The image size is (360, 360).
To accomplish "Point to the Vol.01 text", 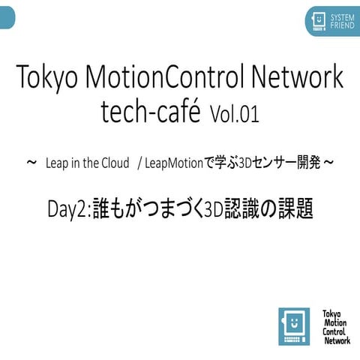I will coord(235,114).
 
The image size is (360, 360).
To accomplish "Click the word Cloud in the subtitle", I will coord(114,163).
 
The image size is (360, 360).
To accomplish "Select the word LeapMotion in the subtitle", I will coord(174,163).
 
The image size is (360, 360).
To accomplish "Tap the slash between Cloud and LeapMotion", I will coord(139,163).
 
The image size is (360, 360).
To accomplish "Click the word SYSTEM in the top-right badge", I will coord(342,16).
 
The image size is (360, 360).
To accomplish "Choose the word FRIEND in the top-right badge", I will coord(342,25).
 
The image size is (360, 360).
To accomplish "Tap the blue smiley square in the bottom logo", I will coord(293,326).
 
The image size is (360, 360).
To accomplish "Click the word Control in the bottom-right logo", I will coord(334,331).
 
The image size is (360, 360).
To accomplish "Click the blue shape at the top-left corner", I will coord(7,14).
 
